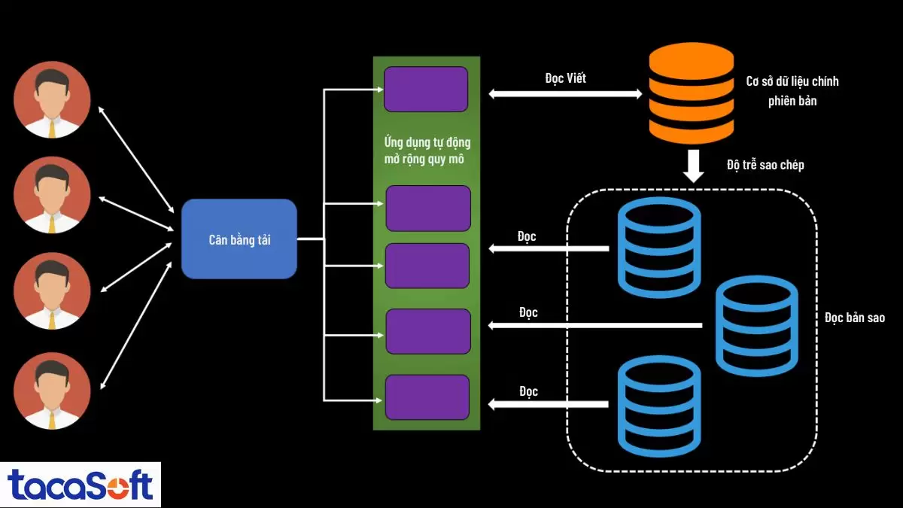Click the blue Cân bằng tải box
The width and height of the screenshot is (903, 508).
point(239,239)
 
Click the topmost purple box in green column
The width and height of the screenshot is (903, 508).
point(426,90)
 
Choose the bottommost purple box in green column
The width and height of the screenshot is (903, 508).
point(427,397)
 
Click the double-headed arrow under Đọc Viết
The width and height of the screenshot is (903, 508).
point(565,94)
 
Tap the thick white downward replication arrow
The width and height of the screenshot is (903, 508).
point(693,166)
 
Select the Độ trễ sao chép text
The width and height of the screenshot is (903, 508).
point(765,164)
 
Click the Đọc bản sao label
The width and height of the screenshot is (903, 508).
point(854,318)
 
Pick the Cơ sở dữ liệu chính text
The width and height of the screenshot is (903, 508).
point(792,81)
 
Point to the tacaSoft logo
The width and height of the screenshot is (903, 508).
point(80,485)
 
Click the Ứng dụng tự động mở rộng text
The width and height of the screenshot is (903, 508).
point(427,151)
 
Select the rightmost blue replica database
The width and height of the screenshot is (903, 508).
point(756,325)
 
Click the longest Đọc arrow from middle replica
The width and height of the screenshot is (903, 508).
point(594,325)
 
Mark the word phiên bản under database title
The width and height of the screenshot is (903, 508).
point(792,101)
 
